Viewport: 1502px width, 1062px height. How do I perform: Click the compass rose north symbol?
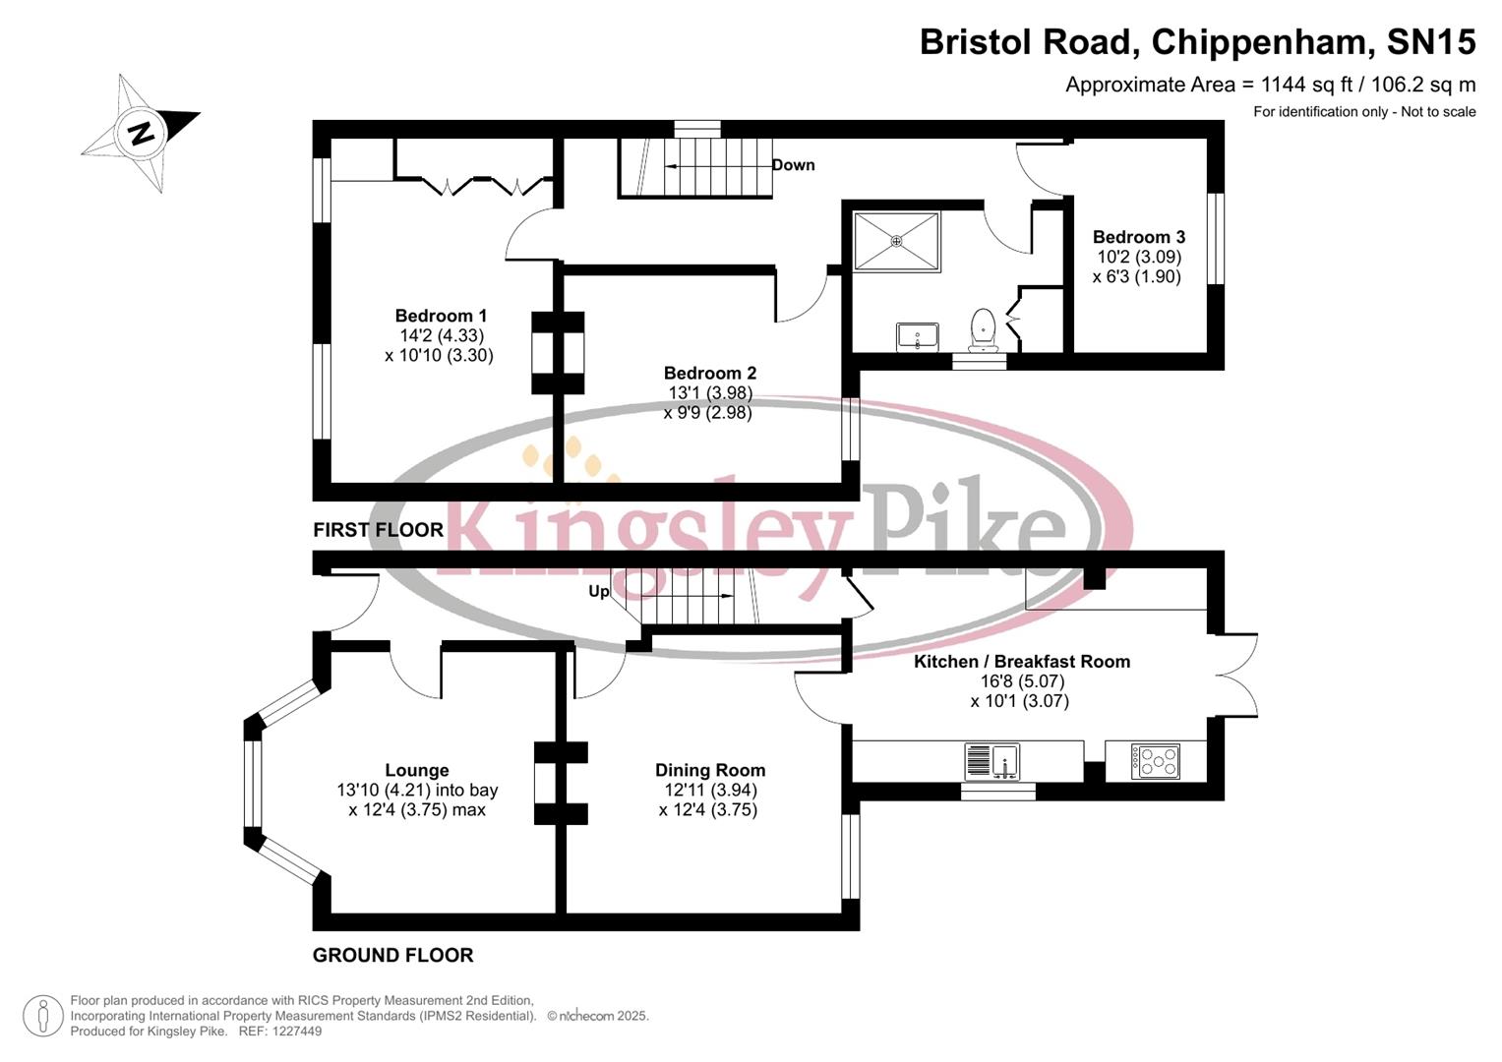(141, 132)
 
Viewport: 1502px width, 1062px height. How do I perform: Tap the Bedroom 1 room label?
(441, 316)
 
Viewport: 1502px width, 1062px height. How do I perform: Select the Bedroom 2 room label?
(709, 373)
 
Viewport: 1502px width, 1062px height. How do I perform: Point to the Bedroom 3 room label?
(1138, 237)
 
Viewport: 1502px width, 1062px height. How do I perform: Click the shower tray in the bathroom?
(896, 240)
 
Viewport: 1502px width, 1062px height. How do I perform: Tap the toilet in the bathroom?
(983, 328)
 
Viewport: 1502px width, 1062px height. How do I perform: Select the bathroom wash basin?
(918, 337)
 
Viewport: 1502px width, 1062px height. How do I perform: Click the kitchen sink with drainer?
(992, 761)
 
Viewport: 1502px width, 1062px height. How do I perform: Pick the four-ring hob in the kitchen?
(1155, 760)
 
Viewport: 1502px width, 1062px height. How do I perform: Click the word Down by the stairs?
(793, 165)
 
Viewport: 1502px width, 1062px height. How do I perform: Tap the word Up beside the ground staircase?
(598, 591)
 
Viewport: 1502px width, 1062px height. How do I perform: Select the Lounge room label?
(416, 771)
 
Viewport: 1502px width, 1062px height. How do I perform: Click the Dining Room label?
(709, 771)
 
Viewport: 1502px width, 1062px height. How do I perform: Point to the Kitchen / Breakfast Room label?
(1021, 662)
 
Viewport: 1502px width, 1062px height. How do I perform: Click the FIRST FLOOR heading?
(378, 530)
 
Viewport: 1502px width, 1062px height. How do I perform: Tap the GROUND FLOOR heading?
(392, 955)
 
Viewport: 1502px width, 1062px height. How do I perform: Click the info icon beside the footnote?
(42, 1016)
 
